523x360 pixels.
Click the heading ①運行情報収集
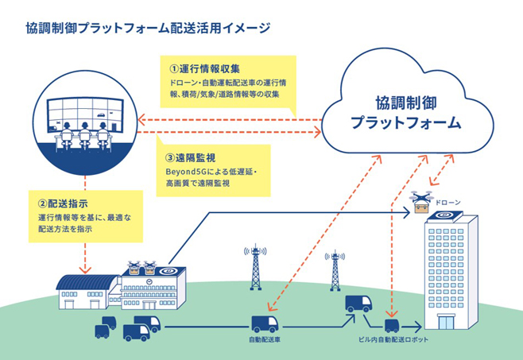click(x=204, y=69)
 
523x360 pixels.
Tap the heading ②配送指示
click(x=63, y=203)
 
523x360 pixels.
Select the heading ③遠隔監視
click(x=191, y=157)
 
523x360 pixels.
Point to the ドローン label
click(x=448, y=202)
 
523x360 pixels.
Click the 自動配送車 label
click(x=265, y=339)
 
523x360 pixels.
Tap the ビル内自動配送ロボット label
click(x=393, y=339)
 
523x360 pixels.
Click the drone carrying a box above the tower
click(x=421, y=202)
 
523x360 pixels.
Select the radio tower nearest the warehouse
click(x=255, y=267)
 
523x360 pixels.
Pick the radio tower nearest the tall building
click(x=335, y=271)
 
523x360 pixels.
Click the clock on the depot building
click(x=149, y=281)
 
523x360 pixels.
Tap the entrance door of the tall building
click(x=446, y=322)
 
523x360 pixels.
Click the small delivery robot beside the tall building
click(x=392, y=326)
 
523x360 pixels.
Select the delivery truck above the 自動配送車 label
click(x=265, y=324)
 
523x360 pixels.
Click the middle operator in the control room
click(x=85, y=135)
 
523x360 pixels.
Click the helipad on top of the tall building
click(x=444, y=215)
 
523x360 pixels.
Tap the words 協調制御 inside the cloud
click(x=405, y=103)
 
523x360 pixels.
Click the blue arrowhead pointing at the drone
click(x=407, y=212)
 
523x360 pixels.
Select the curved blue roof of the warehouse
click(x=87, y=282)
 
